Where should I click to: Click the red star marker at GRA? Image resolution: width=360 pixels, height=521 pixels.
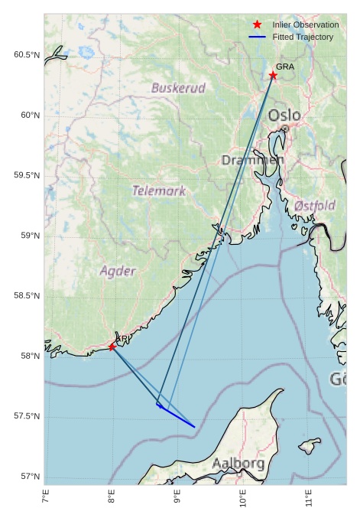point(273,75)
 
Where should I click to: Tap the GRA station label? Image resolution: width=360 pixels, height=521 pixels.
point(285,67)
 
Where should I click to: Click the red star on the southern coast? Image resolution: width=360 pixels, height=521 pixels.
point(112,347)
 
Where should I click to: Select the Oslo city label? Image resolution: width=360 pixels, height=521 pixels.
point(284,116)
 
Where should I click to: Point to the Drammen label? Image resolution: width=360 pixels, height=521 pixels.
point(253,160)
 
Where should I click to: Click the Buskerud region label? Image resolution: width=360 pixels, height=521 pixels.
point(178,88)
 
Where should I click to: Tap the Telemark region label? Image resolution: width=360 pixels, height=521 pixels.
point(159,190)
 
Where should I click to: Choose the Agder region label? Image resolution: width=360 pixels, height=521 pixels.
point(118,271)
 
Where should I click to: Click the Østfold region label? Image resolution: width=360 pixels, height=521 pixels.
point(314,206)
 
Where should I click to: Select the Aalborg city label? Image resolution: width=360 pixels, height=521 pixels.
point(238,464)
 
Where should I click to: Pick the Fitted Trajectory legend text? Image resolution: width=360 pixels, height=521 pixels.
point(303,37)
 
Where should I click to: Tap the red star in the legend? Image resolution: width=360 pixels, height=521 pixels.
point(257,25)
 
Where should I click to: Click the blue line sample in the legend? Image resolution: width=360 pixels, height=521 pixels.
point(257,37)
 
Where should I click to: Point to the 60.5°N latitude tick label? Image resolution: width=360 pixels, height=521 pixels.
point(26,55)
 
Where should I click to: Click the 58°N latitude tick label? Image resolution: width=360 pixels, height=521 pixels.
point(29,356)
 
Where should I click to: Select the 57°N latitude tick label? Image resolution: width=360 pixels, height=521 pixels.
point(29,477)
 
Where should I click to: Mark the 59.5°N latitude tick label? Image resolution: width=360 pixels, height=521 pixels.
point(26,175)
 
